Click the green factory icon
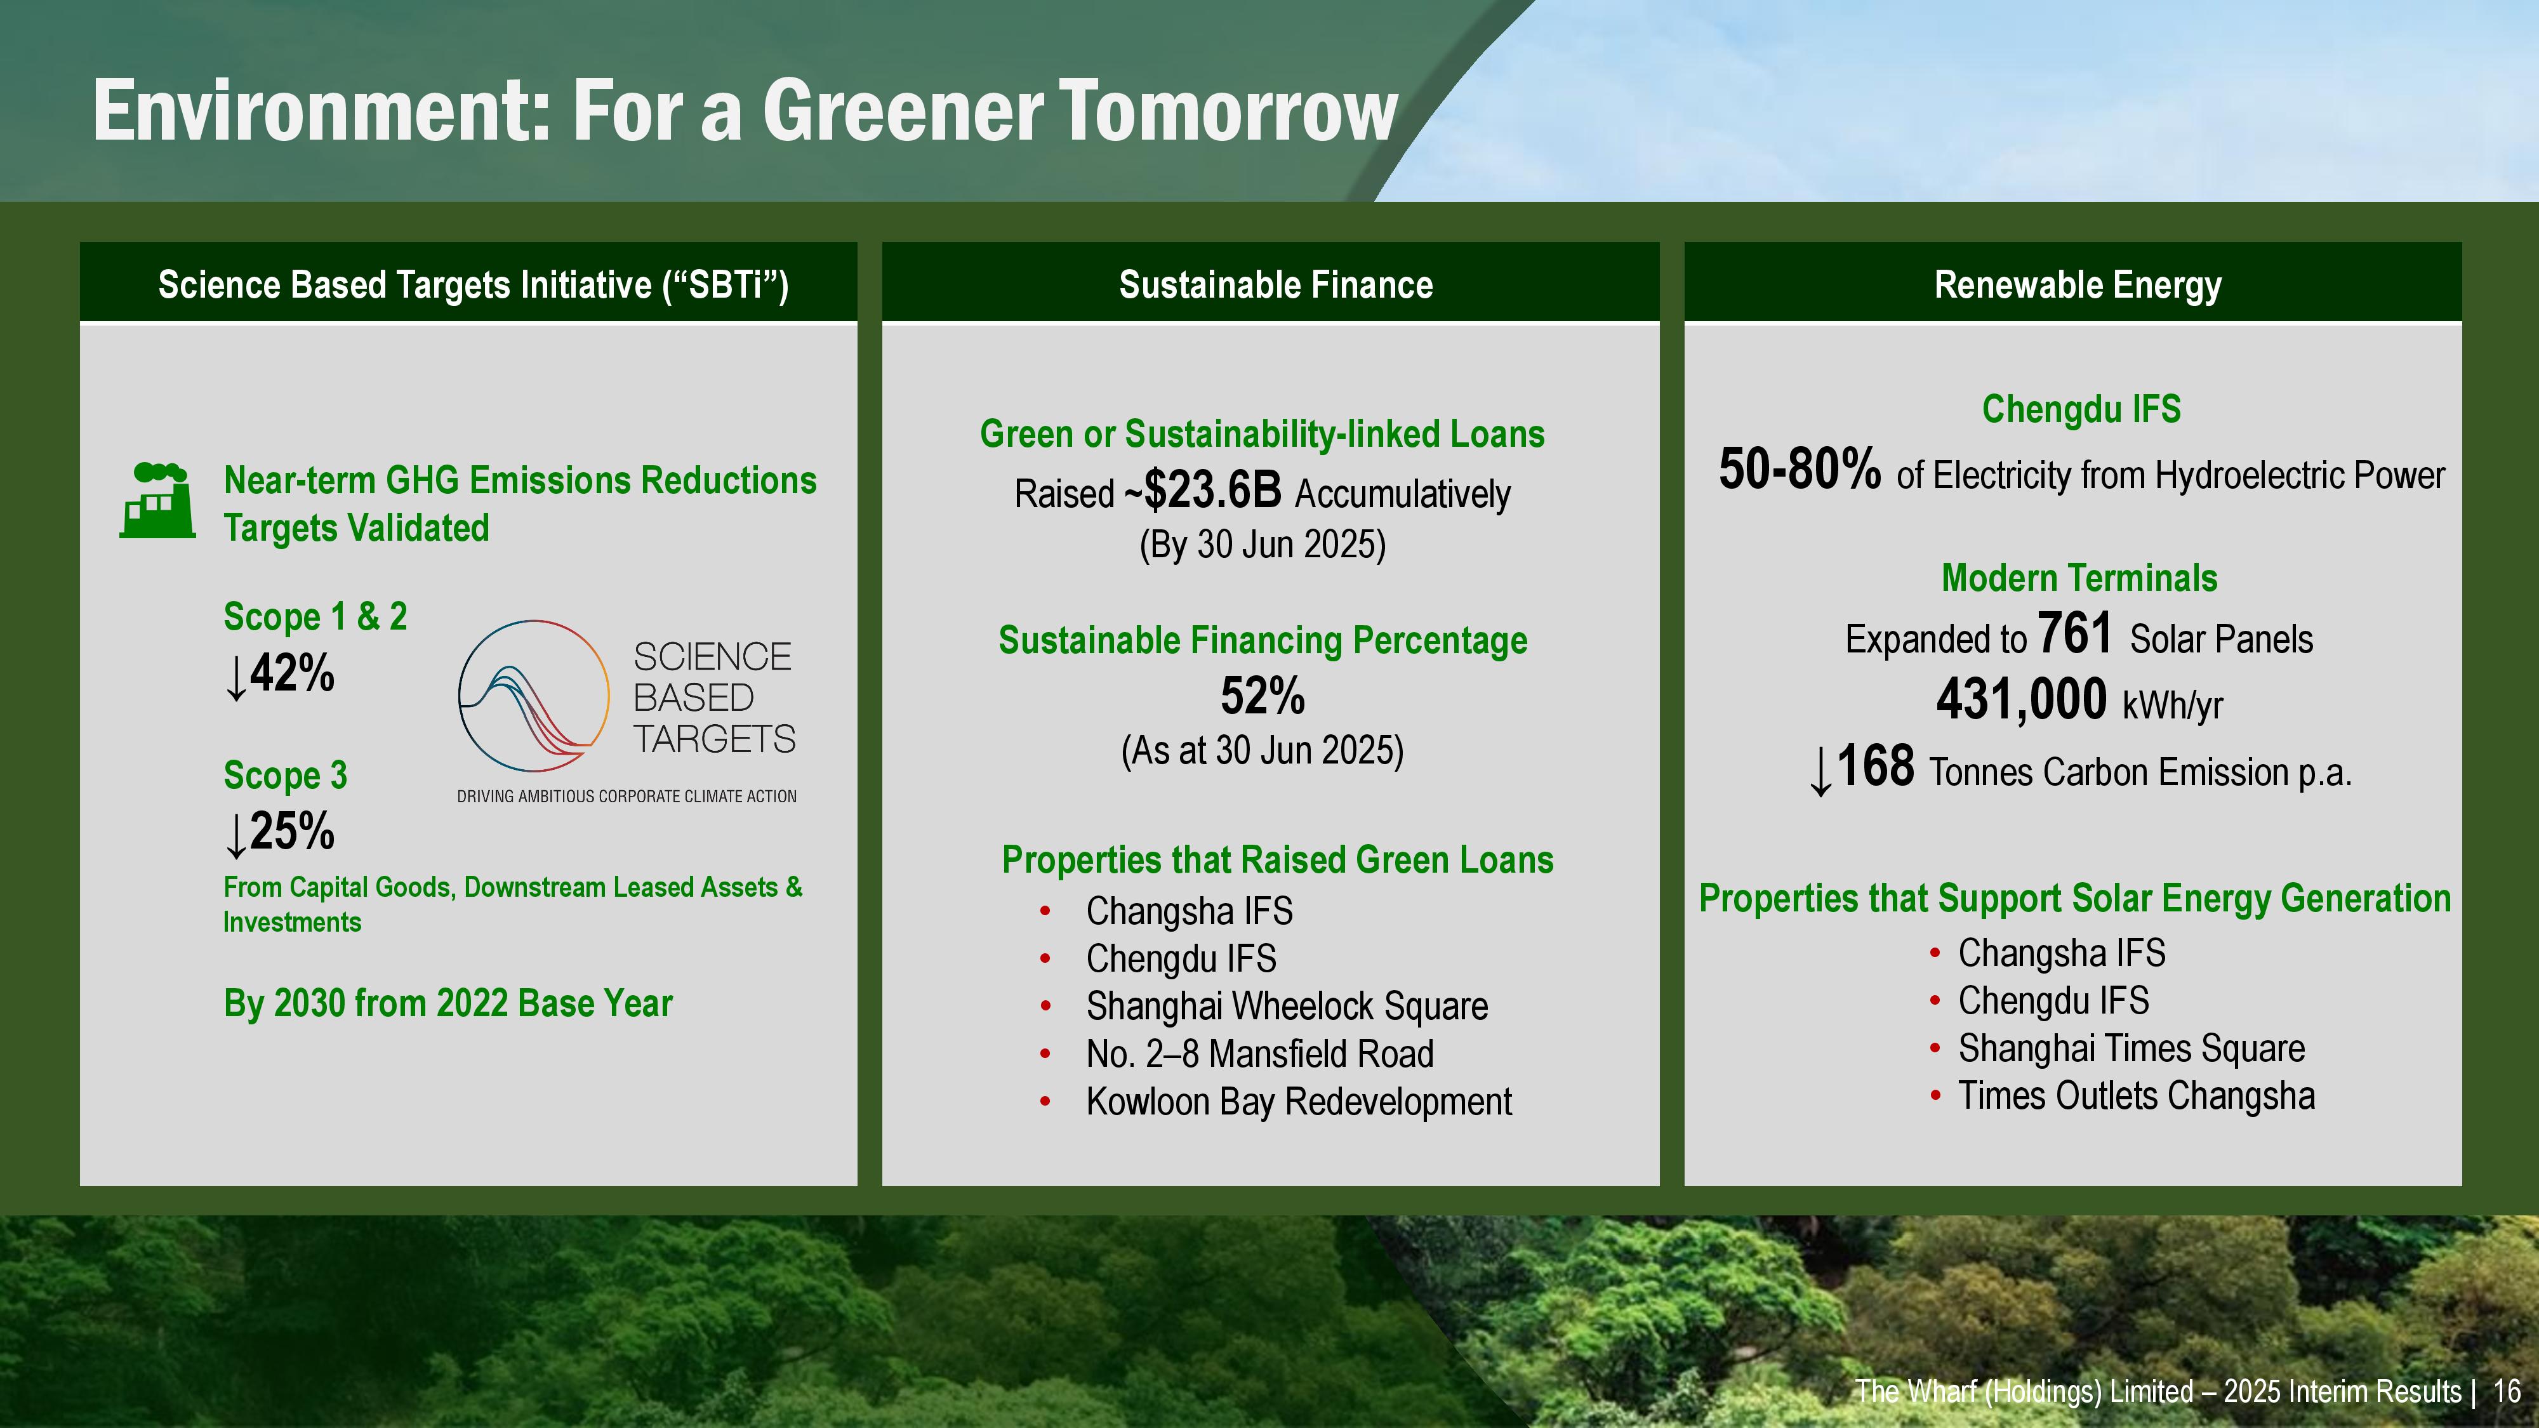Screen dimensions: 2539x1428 [x=157, y=501]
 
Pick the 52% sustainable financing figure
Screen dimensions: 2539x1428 [x=1263, y=696]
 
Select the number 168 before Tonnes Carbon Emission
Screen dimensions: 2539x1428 [x=1876, y=766]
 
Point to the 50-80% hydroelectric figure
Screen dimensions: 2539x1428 [x=1800, y=468]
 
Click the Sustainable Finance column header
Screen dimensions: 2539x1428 [x=1275, y=285]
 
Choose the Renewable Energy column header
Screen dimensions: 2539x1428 [x=2078, y=285]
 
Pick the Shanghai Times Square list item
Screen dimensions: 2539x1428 [x=2131, y=1048]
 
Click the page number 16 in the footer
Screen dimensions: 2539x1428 [x=2507, y=1392]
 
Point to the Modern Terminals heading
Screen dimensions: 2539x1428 [x=2079, y=578]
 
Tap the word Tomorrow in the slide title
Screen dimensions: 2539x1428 [x=1229, y=110]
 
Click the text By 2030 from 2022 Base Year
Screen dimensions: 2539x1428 [x=447, y=1003]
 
